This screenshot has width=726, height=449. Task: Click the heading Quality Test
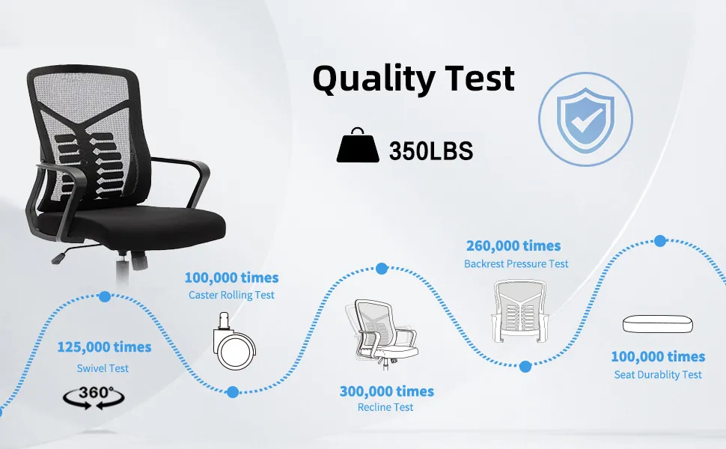coord(413,79)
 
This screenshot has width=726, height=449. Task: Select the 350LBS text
coord(431,151)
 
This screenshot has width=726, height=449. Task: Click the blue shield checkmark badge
coord(586,119)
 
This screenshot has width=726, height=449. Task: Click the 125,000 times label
coord(104,347)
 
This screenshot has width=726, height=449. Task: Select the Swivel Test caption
coord(103,368)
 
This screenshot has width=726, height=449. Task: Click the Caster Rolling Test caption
coord(231,295)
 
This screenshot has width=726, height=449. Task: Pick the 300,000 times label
coord(386,391)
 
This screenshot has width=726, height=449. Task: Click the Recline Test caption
coord(385,407)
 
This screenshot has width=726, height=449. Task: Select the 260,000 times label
coord(513,245)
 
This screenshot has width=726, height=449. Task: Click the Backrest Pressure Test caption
coord(516,263)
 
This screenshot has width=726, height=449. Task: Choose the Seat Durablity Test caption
coord(658,374)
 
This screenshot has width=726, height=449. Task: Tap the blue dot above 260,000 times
coord(381,268)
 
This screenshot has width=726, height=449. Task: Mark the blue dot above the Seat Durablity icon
coord(659,241)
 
